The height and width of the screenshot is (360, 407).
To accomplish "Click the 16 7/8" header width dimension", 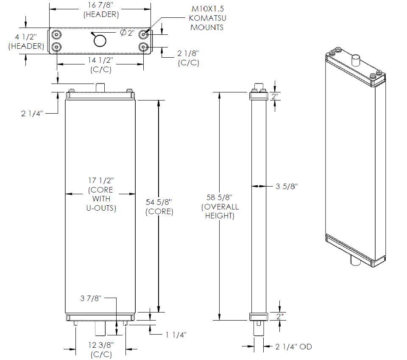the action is [x=100, y=6].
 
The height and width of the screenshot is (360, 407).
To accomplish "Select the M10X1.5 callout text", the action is [x=208, y=9].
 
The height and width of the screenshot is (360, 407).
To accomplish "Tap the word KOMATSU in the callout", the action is [x=207, y=18].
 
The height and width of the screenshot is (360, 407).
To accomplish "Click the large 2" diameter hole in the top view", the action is [x=100, y=41].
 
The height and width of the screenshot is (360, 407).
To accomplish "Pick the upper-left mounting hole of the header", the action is [x=56, y=34].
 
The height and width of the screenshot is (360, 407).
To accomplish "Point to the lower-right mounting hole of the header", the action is [x=143, y=47].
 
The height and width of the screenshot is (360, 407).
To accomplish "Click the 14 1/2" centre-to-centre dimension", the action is [x=100, y=60].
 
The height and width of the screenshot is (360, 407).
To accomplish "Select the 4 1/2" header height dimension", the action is [x=26, y=37].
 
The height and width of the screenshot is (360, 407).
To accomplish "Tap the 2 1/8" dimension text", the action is [x=188, y=53].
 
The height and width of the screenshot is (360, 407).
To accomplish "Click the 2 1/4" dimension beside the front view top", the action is [x=32, y=113].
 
